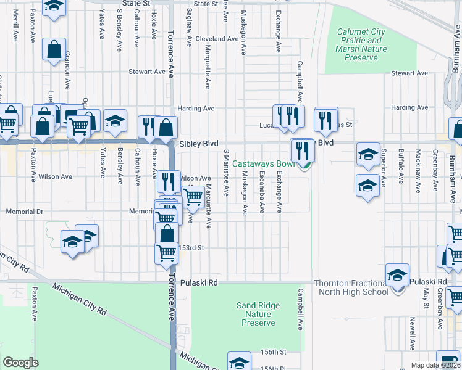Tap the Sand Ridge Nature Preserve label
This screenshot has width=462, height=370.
(x=258, y=314)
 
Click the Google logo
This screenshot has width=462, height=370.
(x=20, y=362)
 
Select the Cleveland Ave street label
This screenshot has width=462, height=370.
(x=217, y=38)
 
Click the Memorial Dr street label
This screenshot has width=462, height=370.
(x=23, y=212)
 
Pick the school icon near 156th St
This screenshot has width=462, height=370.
(x=239, y=362)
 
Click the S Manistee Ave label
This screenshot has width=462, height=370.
(x=226, y=173)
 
